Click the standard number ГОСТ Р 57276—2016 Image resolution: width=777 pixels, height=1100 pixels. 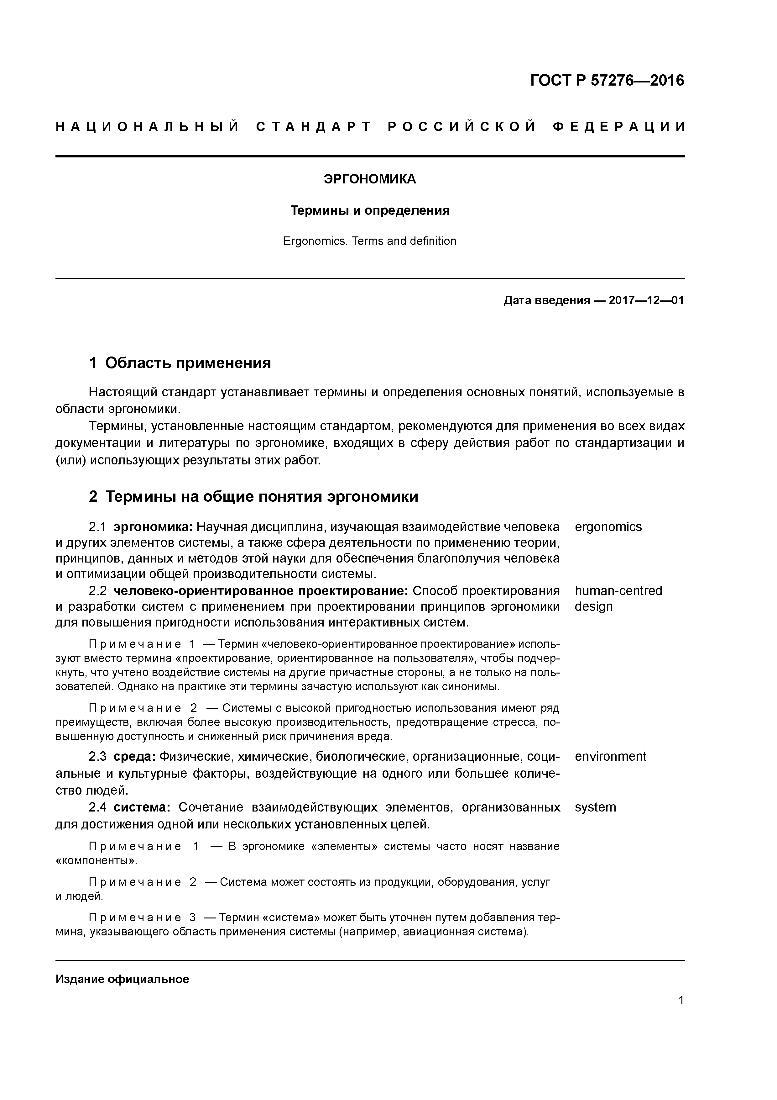[x=607, y=81]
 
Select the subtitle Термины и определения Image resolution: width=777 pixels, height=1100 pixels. [x=370, y=211]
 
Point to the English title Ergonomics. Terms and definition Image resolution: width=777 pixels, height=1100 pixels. [x=370, y=241]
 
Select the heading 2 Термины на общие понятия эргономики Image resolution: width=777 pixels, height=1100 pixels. [x=254, y=496]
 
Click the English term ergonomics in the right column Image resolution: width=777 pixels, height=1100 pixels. [x=608, y=527]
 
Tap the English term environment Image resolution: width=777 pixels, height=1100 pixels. [x=610, y=757]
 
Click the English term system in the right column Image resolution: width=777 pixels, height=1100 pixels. [x=595, y=807]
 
